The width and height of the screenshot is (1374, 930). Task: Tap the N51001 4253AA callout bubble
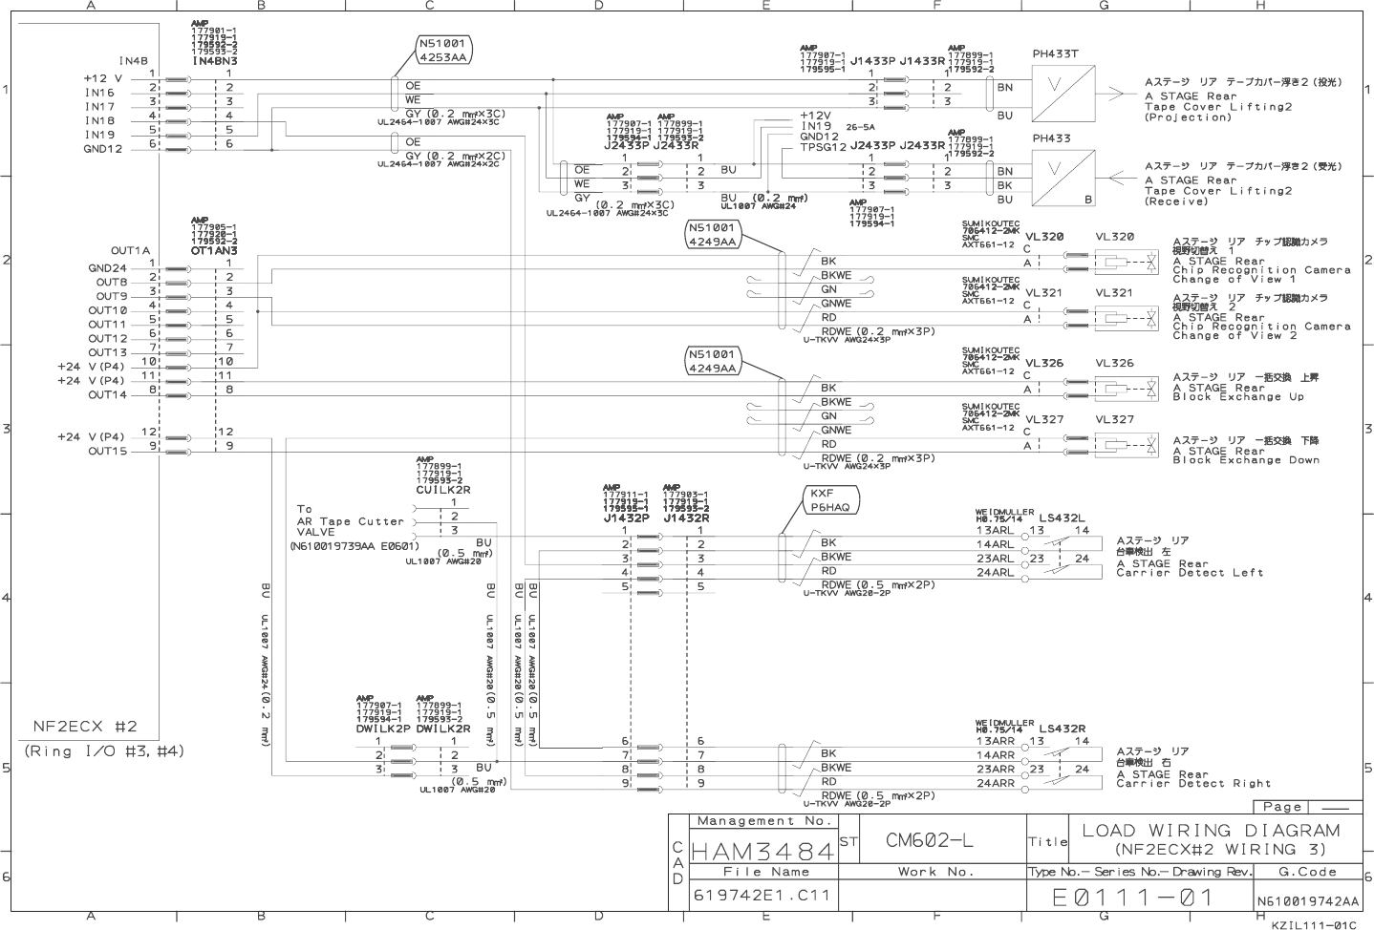pyautogui.click(x=442, y=51)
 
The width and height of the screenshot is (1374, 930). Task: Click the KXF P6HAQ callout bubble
pyautogui.click(x=829, y=500)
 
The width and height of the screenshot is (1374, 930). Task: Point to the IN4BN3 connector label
pyautogui.click(x=214, y=61)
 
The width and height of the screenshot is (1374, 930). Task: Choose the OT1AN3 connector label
pyautogui.click(x=213, y=250)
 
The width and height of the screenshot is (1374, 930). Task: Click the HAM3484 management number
pyautogui.click(x=762, y=849)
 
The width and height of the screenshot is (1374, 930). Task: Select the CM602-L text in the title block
pyautogui.click(x=930, y=840)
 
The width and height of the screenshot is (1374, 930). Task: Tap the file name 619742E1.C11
pyautogui.click(x=762, y=896)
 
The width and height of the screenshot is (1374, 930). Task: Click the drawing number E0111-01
pyautogui.click(x=1132, y=898)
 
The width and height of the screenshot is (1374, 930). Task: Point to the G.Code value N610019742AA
pyautogui.click(x=1307, y=901)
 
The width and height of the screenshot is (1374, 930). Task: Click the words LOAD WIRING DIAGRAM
pyautogui.click(x=1211, y=831)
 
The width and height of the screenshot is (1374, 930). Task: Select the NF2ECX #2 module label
pyautogui.click(x=86, y=726)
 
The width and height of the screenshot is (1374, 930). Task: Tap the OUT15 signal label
pyautogui.click(x=107, y=452)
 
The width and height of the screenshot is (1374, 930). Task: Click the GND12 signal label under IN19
pyautogui.click(x=103, y=149)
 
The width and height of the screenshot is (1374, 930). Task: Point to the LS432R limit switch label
pyautogui.click(x=1062, y=729)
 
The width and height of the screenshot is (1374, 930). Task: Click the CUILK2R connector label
pyautogui.click(x=442, y=490)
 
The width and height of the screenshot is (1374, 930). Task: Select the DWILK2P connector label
pyautogui.click(x=383, y=729)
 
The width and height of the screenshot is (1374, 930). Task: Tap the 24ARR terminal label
pyautogui.click(x=995, y=783)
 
